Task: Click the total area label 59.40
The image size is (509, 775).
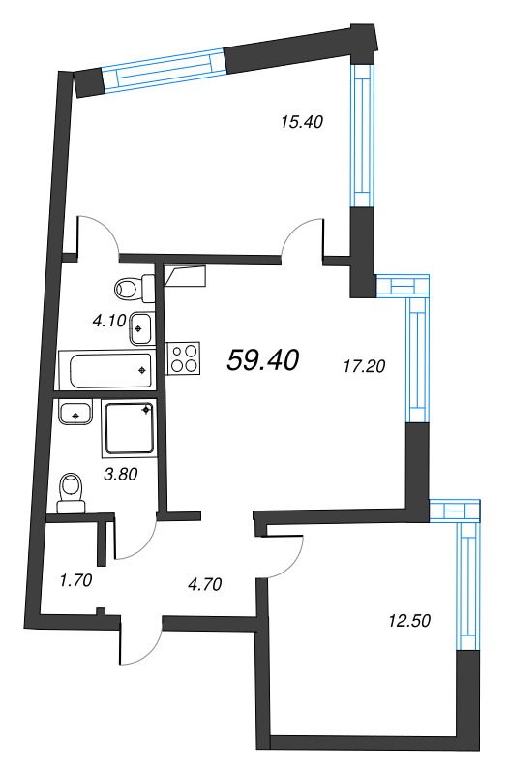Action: coord(262,360)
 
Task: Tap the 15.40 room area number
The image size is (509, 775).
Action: coord(300,122)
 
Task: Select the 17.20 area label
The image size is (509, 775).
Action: coord(365,367)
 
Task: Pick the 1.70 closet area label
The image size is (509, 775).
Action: coord(75,581)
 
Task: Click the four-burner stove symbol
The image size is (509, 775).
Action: coord(185,358)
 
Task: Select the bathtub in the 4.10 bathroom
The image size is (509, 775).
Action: coord(106,369)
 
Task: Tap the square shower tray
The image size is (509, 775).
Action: coord(129,430)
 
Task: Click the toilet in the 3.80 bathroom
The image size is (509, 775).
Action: coord(71,492)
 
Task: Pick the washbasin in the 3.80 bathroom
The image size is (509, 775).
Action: coord(73,414)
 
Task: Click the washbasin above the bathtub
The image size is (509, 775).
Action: coord(141,327)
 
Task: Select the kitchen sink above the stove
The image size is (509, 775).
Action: coord(185,277)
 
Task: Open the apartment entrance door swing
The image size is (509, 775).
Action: coord(139,641)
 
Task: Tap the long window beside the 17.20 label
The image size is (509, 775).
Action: coord(416,358)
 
